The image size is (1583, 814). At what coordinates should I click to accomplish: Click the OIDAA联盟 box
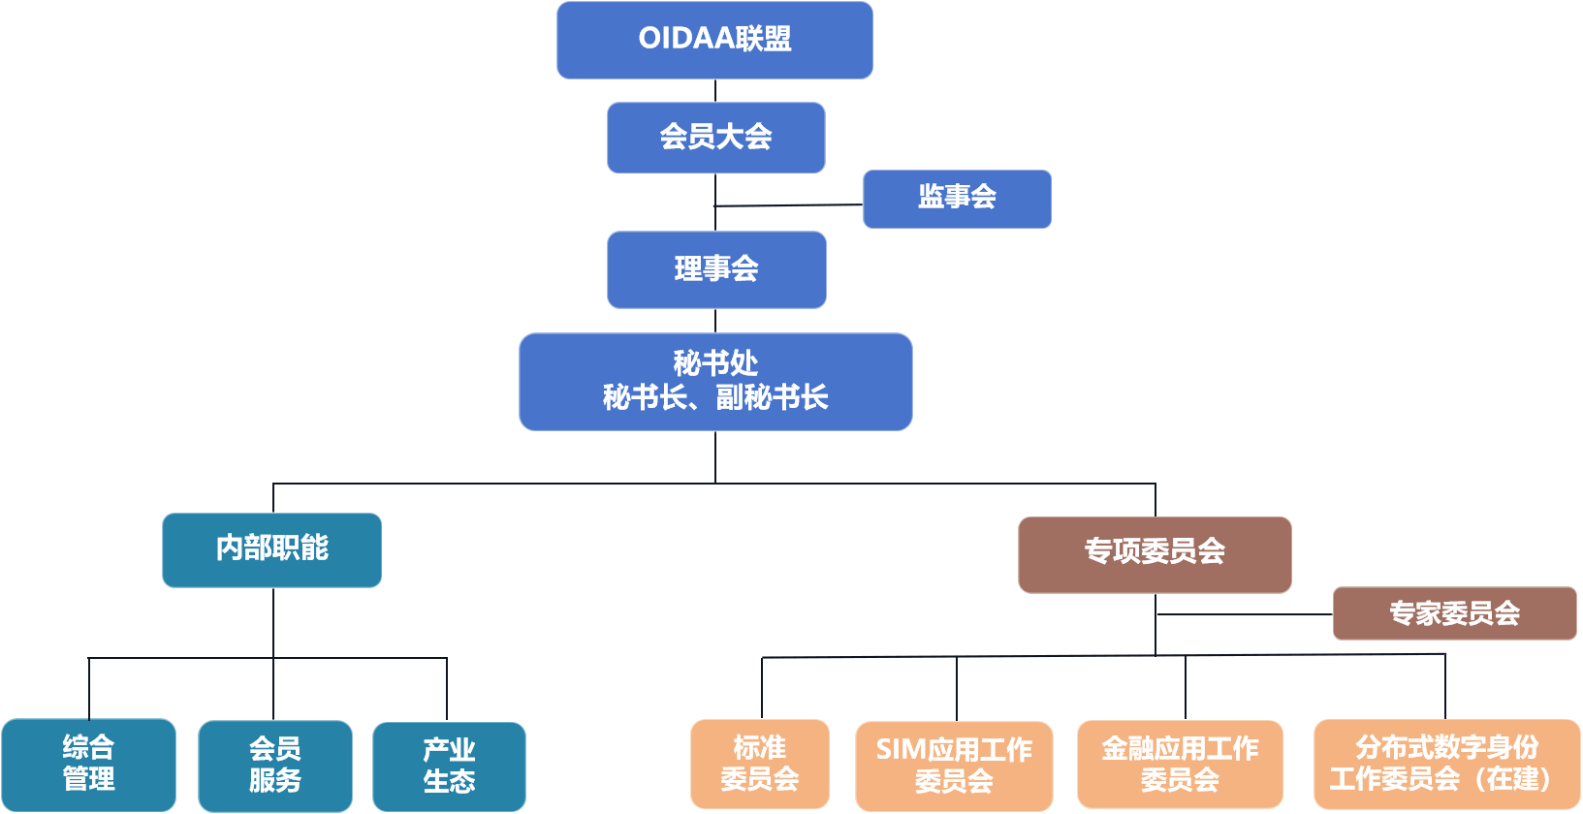pyautogui.click(x=714, y=40)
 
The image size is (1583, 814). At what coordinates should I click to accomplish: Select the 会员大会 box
pyautogui.click(x=715, y=138)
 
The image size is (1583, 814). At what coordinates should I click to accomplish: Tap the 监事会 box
pyautogui.click(x=957, y=199)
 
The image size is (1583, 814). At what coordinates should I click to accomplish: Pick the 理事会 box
pyautogui.click(x=716, y=269)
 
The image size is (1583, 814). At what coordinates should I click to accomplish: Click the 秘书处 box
pyautogui.click(x=715, y=381)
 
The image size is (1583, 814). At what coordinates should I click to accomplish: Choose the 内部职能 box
pyautogui.click(x=271, y=549)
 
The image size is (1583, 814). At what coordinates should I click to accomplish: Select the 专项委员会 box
pyautogui.click(x=1155, y=553)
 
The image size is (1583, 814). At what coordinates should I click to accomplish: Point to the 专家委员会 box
pyautogui.click(x=1454, y=613)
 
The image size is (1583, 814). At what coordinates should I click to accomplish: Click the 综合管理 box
pyautogui.click(x=88, y=764)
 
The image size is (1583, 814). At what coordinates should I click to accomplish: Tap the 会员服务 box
pyautogui.click(x=275, y=766)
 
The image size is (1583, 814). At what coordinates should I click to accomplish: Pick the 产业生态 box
pyautogui.click(x=449, y=766)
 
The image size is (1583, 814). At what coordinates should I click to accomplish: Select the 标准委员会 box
pyautogui.click(x=760, y=764)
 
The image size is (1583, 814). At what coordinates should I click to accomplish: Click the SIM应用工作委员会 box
pyautogui.click(x=954, y=766)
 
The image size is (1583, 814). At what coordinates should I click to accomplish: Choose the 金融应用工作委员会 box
pyautogui.click(x=1180, y=764)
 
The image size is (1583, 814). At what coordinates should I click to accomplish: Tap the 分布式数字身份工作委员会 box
pyautogui.click(x=1446, y=764)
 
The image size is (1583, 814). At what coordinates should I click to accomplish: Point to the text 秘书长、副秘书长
pyautogui.click(x=715, y=397)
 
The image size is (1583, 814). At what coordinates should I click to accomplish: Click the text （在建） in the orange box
pyautogui.click(x=1519, y=779)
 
